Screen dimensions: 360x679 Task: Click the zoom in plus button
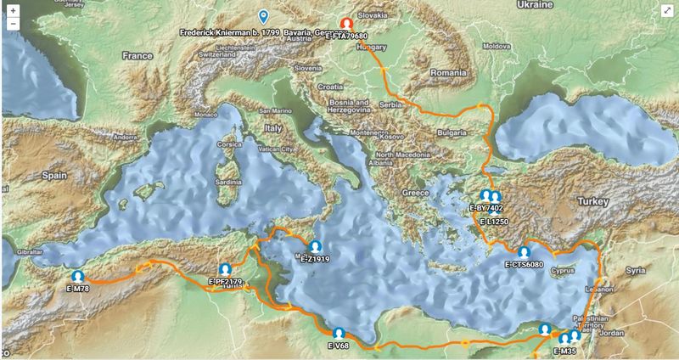point(13,9)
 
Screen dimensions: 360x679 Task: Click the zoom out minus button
point(13,23)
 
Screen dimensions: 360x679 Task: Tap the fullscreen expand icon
point(667,9)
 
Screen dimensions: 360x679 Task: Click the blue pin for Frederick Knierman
point(264,16)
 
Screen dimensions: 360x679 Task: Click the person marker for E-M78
point(78,277)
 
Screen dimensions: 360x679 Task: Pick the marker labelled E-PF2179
point(225,269)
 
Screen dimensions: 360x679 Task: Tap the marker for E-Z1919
point(315,247)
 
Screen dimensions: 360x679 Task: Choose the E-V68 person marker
point(339,334)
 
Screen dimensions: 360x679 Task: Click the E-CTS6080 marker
point(524,252)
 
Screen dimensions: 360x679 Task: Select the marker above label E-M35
point(564,340)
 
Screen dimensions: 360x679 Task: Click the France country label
point(136,55)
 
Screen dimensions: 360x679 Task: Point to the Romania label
point(449,74)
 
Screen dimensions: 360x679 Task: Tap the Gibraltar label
point(26,254)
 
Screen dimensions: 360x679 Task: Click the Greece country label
point(416,193)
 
